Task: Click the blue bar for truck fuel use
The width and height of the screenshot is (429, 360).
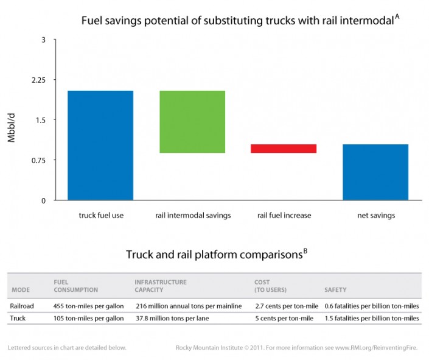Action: (100, 145)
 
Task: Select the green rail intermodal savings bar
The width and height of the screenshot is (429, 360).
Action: (192, 121)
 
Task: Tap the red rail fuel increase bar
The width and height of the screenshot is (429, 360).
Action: (284, 148)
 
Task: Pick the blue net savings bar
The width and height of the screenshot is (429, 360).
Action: (375, 172)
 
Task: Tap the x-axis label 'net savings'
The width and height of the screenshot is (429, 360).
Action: (375, 215)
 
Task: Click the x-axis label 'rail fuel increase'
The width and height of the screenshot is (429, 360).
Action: (284, 215)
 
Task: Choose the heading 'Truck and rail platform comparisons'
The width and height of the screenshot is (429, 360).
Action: (216, 254)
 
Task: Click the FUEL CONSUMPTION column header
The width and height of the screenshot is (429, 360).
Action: (75, 286)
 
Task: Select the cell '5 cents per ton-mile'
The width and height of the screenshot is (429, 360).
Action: (283, 318)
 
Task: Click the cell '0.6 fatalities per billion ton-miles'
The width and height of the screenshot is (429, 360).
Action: (372, 306)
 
